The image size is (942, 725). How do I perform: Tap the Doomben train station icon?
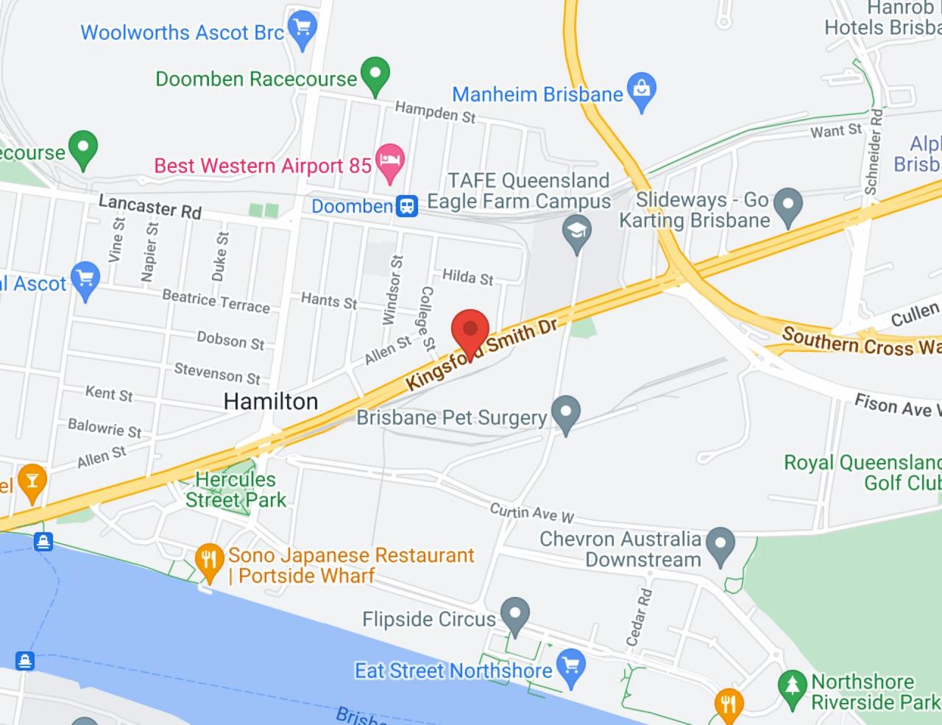tap(407, 206)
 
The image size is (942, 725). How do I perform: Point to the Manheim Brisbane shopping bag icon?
tap(642, 91)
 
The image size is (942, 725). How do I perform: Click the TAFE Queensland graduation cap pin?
tap(577, 232)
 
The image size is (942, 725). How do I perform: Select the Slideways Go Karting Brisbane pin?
tap(788, 205)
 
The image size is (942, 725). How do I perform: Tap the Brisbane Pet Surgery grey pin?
tap(566, 413)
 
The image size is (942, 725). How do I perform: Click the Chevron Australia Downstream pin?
tap(720, 545)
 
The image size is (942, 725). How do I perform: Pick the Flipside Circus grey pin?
tap(514, 614)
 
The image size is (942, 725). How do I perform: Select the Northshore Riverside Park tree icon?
tap(793, 688)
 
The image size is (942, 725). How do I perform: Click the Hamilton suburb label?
tap(271, 402)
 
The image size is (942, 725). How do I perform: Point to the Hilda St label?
tap(467, 277)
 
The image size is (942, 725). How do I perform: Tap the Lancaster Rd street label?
tap(150, 207)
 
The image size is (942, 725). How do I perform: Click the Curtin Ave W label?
tap(532, 513)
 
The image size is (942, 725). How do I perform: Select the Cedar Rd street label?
tap(639, 617)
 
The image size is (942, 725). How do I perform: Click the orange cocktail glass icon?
tap(31, 481)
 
